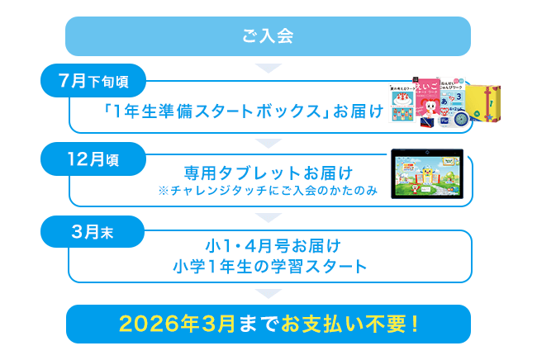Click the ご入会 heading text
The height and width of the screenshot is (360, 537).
click(x=268, y=36)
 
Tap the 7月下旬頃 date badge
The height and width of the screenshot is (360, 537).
click(x=93, y=81)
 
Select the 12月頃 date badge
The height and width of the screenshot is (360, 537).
click(x=93, y=159)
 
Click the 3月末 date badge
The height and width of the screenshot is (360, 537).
click(x=93, y=232)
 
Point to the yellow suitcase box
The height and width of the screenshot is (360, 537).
click(x=483, y=103)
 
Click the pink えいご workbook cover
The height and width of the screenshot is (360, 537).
click(x=427, y=98)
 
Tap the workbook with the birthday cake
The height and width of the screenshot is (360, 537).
click(x=402, y=103)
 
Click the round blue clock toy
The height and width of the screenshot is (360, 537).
click(x=462, y=120)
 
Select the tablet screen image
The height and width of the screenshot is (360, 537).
click(x=427, y=174)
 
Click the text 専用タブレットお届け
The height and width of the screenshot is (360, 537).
click(x=268, y=173)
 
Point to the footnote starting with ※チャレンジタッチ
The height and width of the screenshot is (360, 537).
click(x=268, y=191)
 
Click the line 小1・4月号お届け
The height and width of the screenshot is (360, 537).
click(x=273, y=246)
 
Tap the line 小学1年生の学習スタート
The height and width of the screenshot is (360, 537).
click(x=270, y=267)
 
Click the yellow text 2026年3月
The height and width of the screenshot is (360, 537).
click(x=177, y=324)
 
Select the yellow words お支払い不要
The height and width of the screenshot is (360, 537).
click(x=344, y=324)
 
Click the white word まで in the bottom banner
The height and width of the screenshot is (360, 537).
click(x=259, y=324)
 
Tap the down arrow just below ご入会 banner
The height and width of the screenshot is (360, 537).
click(x=268, y=68)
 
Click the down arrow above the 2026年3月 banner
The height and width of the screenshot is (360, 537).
click(x=268, y=294)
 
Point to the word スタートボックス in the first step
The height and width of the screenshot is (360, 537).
click(x=258, y=111)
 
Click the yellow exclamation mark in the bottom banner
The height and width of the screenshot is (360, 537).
click(x=415, y=324)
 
